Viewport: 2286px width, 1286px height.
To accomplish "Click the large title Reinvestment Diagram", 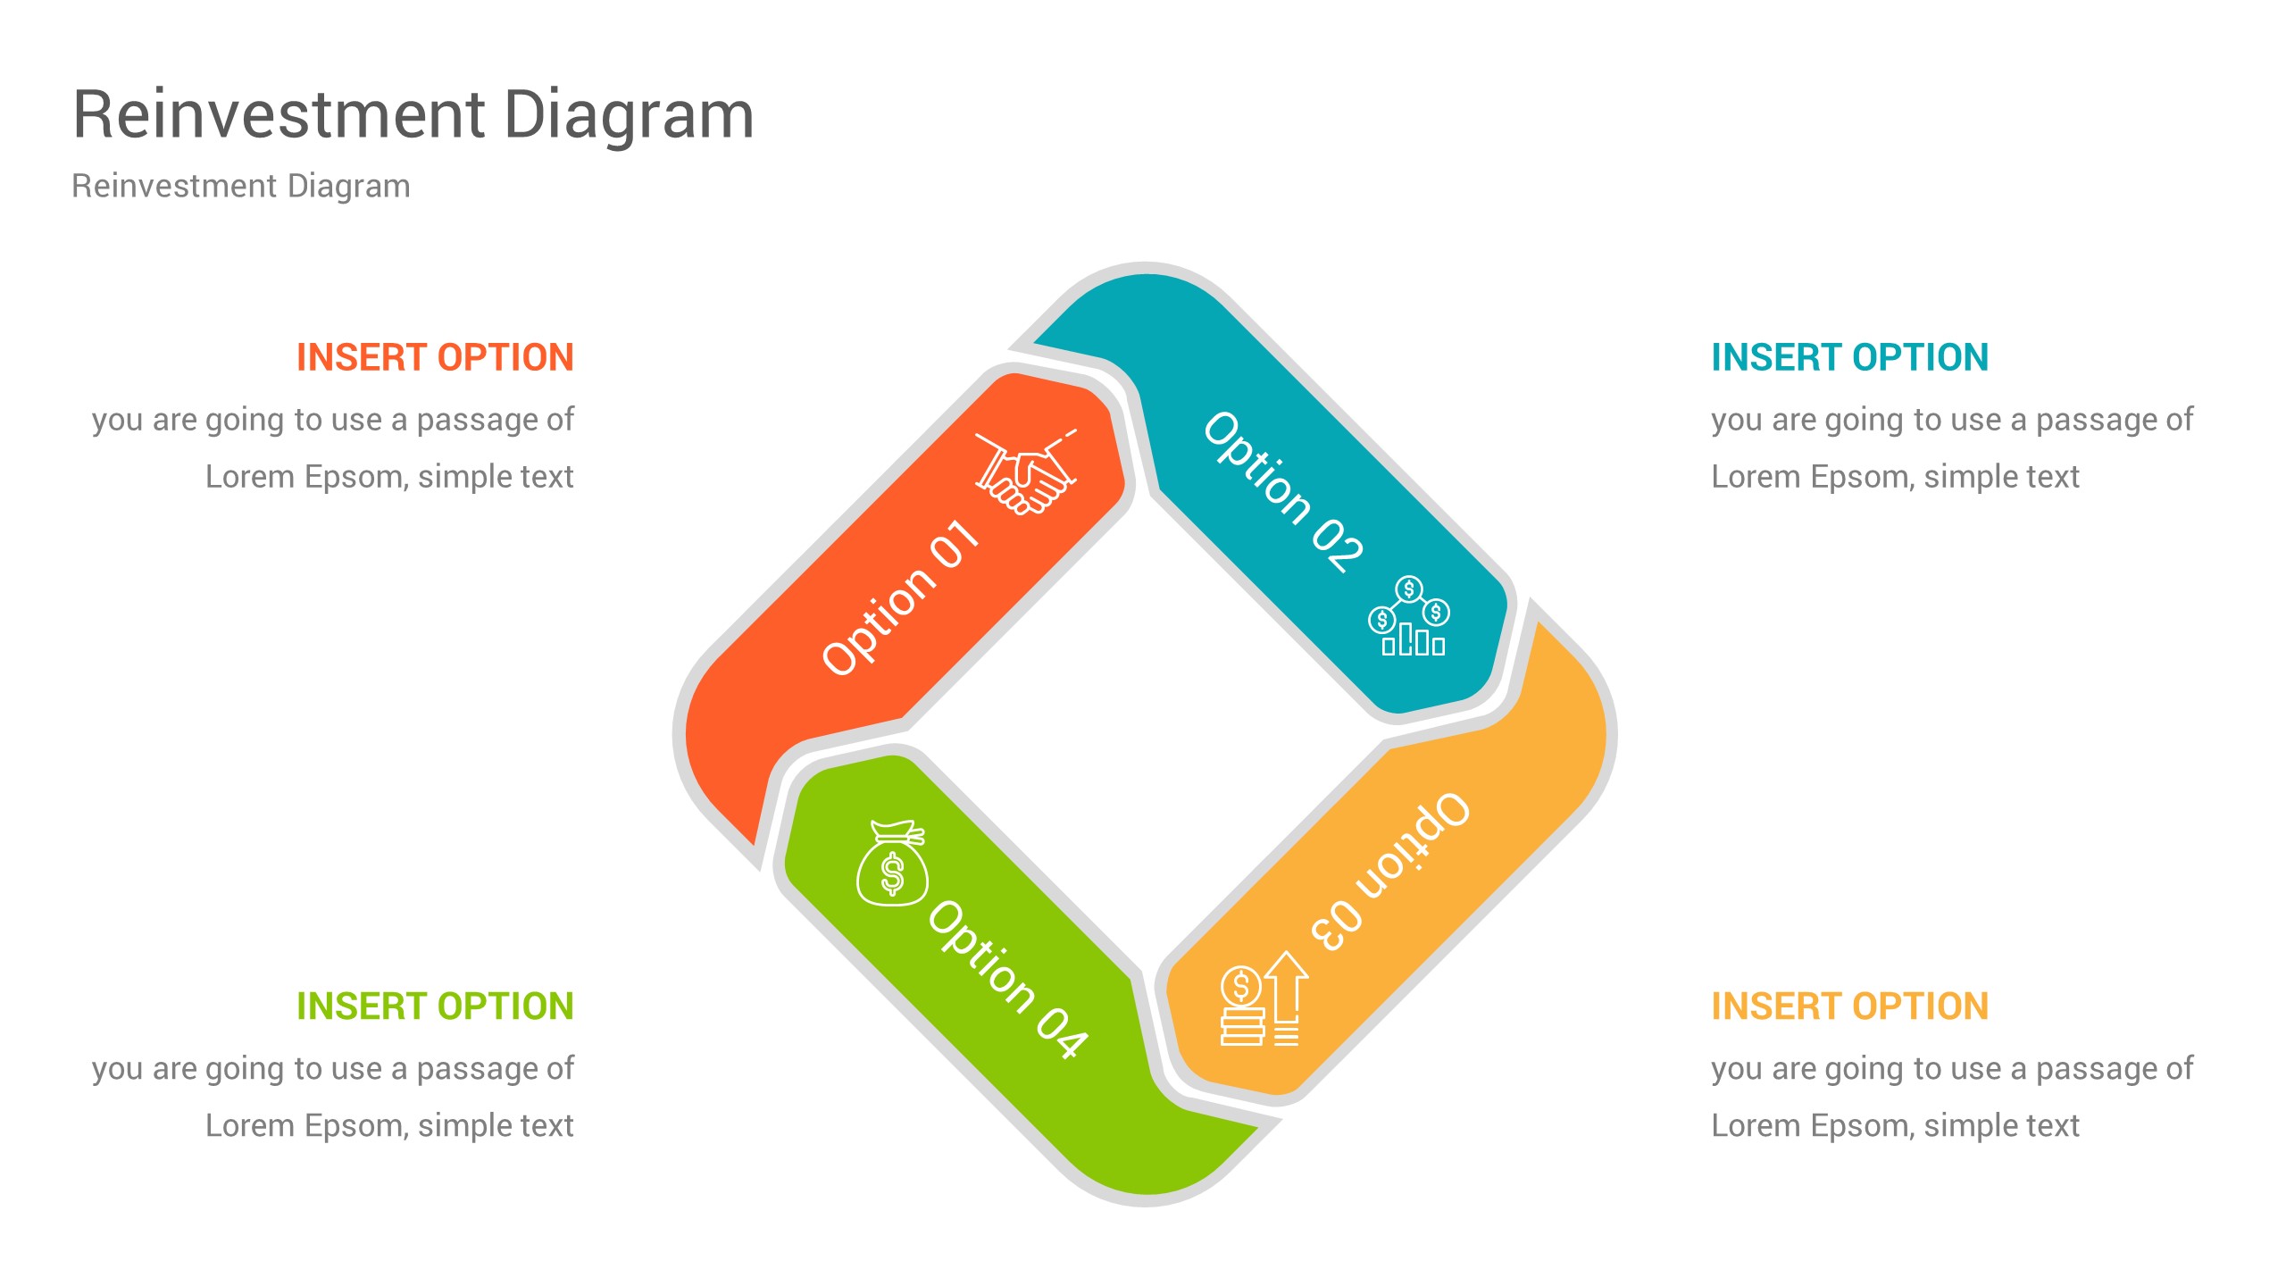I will click(413, 116).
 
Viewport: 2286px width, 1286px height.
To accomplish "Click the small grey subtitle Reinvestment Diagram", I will click(241, 187).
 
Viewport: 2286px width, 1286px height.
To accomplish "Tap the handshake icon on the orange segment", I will click(1025, 472).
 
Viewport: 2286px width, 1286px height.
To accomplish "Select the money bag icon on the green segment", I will click(891, 864).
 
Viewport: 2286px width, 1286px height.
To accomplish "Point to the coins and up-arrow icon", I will click(1263, 1000).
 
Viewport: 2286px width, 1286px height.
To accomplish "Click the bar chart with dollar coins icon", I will click(1408, 617).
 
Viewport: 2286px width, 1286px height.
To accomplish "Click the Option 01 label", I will click(900, 597).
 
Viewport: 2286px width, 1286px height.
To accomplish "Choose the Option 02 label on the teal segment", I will click(1282, 491).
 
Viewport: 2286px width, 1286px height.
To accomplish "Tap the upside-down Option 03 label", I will click(1389, 872).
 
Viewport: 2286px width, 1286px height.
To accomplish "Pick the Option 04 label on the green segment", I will click(1007, 979).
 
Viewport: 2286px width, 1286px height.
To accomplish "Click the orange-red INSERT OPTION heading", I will click(435, 358).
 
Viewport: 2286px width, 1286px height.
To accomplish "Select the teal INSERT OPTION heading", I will click(1849, 358).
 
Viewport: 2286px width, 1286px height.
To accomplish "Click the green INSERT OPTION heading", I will click(435, 1006).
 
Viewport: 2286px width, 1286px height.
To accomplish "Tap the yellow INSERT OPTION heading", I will click(1849, 1006).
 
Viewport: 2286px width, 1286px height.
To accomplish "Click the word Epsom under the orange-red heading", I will click(356, 478).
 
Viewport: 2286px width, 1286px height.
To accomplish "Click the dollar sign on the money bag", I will click(892, 873).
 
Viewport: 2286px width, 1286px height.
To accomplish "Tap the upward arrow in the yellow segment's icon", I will click(1286, 987).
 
